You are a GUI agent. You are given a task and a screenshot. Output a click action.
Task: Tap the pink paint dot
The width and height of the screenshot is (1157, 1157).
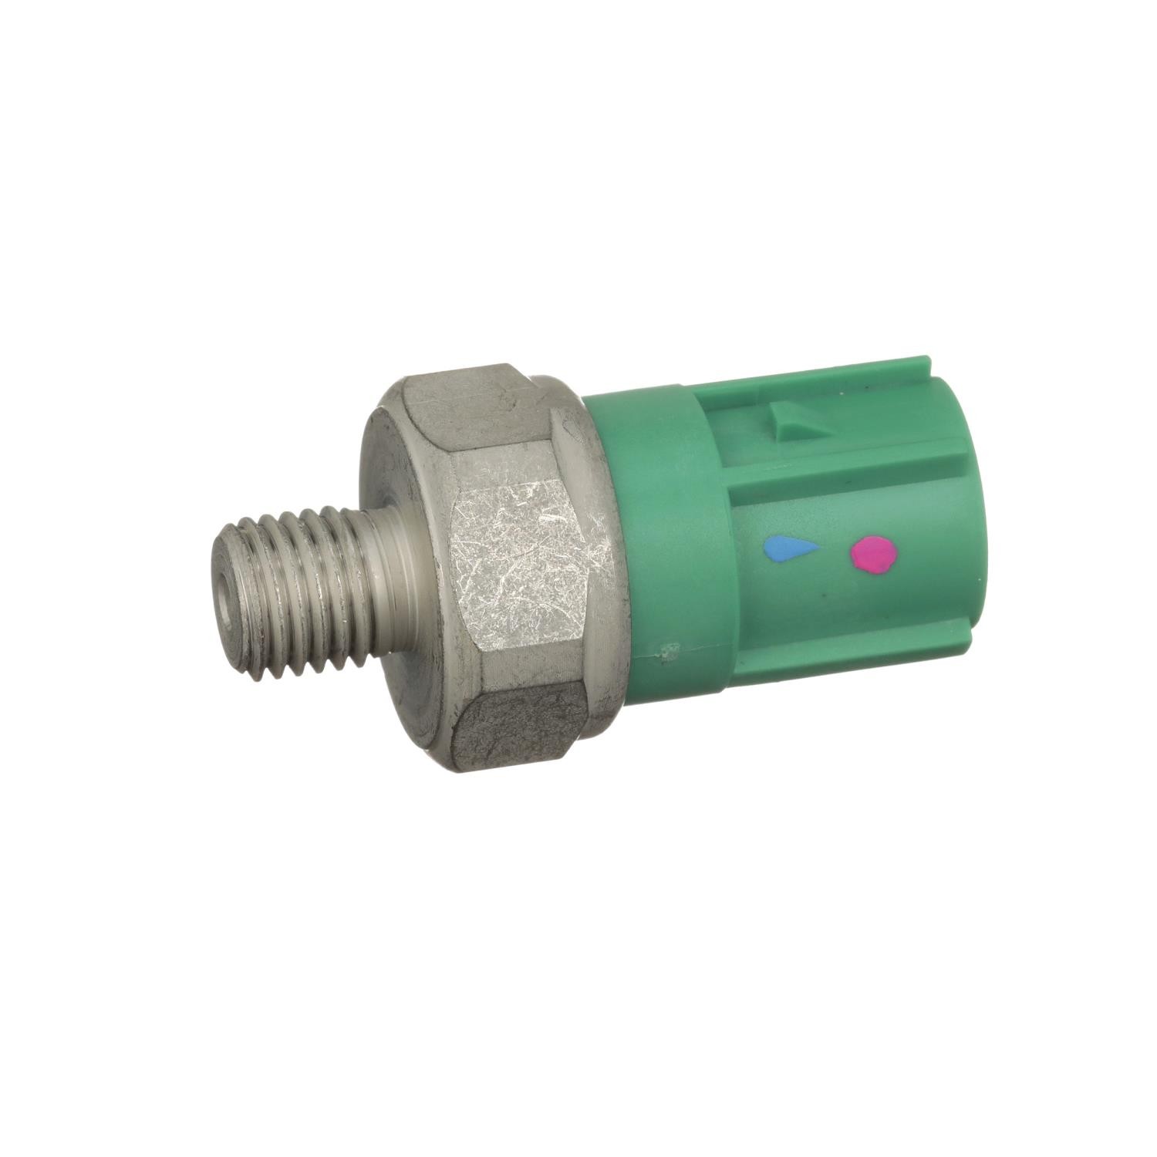point(875,554)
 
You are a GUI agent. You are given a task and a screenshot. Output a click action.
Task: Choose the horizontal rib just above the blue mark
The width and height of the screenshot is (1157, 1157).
point(833,494)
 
